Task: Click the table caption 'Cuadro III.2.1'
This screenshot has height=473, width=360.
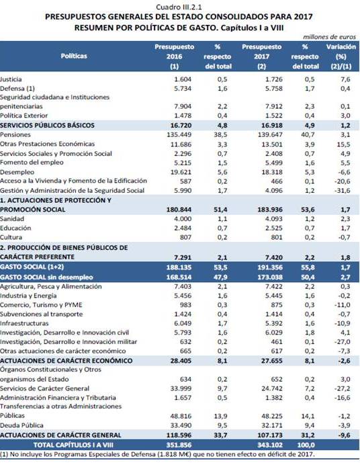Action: (179, 7)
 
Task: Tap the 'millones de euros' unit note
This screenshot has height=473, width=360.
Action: (329, 37)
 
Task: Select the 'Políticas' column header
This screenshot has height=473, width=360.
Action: (74, 56)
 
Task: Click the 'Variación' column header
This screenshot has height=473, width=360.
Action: (341, 47)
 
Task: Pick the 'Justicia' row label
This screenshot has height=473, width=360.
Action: (11, 79)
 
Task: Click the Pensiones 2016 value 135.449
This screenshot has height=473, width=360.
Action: (179, 135)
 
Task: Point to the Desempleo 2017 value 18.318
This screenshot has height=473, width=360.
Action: (272, 172)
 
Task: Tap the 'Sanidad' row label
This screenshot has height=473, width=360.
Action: (12, 219)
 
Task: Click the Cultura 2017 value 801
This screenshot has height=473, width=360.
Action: (277, 237)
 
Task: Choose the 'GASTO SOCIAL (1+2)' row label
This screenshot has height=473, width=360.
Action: (32, 267)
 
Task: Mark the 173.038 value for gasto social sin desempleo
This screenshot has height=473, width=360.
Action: (270, 277)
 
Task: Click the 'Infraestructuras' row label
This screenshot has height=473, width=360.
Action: (24, 323)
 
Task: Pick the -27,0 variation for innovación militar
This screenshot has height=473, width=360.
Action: (343, 342)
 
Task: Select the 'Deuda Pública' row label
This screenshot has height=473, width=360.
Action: (21, 425)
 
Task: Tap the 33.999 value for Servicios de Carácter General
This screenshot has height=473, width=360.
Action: (181, 388)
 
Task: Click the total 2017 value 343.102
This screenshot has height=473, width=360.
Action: (270, 445)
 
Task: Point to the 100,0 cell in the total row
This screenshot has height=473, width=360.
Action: (305, 445)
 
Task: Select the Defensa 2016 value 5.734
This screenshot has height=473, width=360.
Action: (183, 89)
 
